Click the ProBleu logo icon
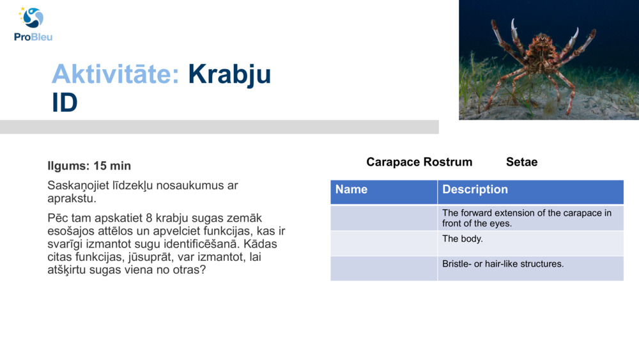(31, 17)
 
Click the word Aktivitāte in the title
(116, 74)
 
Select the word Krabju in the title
(229, 75)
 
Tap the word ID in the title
(65, 102)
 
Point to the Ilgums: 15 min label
(89, 166)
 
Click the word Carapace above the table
(393, 162)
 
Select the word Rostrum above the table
(448, 162)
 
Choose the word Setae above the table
(521, 162)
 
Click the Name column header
(383, 192)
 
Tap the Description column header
(530, 192)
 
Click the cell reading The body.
(530, 244)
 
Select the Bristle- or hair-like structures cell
(530, 269)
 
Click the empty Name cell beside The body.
(383, 244)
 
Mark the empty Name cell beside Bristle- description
(383, 269)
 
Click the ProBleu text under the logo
(33, 37)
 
